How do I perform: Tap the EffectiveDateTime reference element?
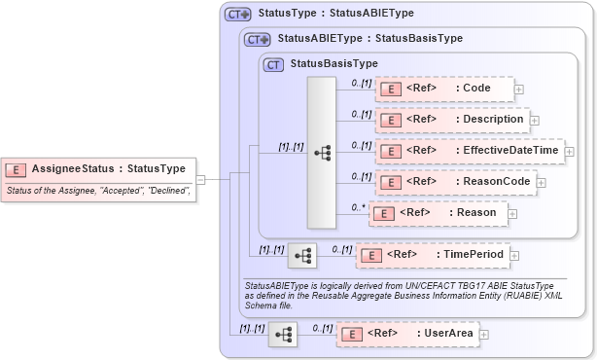coord(469,152)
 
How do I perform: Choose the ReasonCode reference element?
coord(454,182)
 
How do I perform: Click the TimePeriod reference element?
coord(432,255)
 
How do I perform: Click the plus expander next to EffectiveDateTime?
coord(570,152)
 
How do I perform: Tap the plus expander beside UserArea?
coord(483,334)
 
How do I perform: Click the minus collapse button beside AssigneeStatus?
coord(200,179)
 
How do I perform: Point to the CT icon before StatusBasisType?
coord(274,63)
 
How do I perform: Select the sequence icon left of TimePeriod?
coord(302,255)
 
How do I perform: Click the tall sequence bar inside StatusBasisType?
coord(321,153)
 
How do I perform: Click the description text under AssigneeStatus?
coord(97,192)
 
